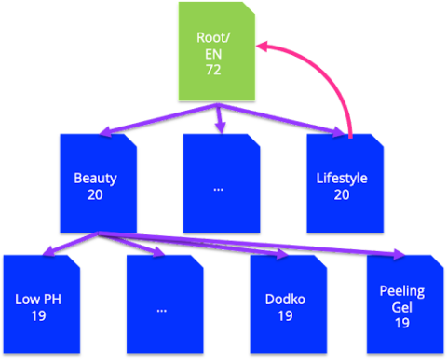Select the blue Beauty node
pyautogui.click(x=95, y=182)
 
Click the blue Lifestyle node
pyautogui.click(x=342, y=182)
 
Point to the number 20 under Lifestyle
pyautogui.click(x=342, y=194)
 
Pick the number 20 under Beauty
pyautogui.click(x=95, y=194)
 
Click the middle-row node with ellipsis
pyautogui.click(x=219, y=182)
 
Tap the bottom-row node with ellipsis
pyautogui.click(x=162, y=307)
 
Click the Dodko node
pyautogui.click(x=285, y=307)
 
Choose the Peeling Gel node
pyautogui.click(x=401, y=307)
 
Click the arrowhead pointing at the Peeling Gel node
pyautogui.click(x=399, y=253)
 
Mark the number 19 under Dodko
pyautogui.click(x=285, y=316)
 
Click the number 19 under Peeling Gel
pyautogui.click(x=401, y=323)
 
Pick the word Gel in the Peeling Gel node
pyautogui.click(x=401, y=307)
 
